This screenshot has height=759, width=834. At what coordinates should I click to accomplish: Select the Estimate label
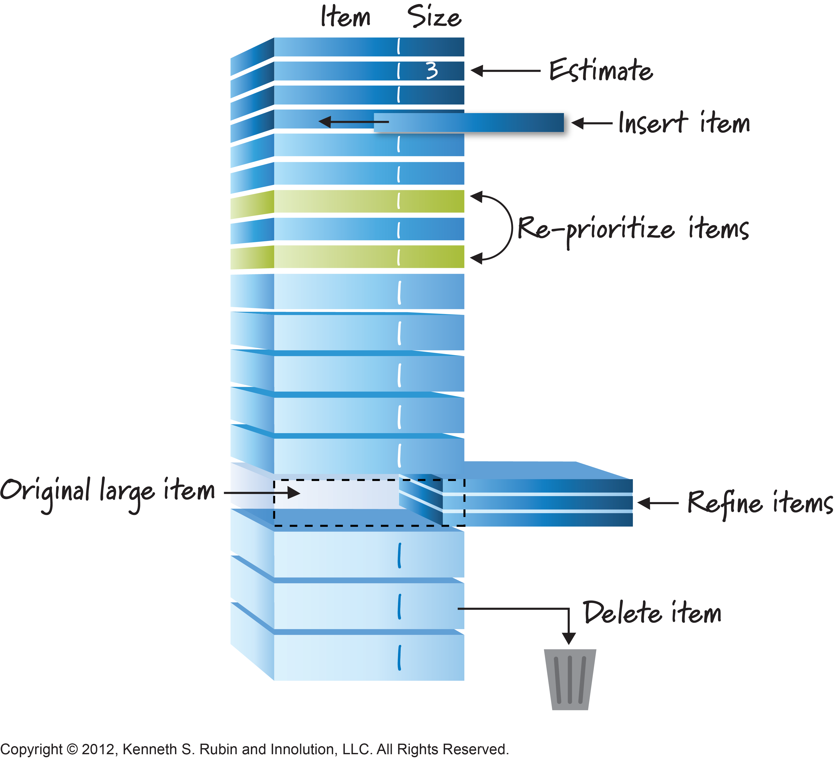(x=601, y=70)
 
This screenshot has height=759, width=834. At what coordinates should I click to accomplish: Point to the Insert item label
(x=684, y=123)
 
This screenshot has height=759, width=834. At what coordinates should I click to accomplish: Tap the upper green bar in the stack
(x=368, y=201)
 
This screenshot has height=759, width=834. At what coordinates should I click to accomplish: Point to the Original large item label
(x=107, y=493)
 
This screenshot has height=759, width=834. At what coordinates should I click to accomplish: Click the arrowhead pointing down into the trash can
(x=569, y=638)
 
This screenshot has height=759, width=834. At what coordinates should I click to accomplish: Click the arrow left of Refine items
(x=658, y=503)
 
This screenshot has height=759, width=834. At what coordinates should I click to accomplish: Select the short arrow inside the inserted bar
(x=354, y=122)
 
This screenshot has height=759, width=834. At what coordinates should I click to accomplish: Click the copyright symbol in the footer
(x=72, y=749)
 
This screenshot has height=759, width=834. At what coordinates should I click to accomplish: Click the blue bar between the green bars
(x=368, y=229)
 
